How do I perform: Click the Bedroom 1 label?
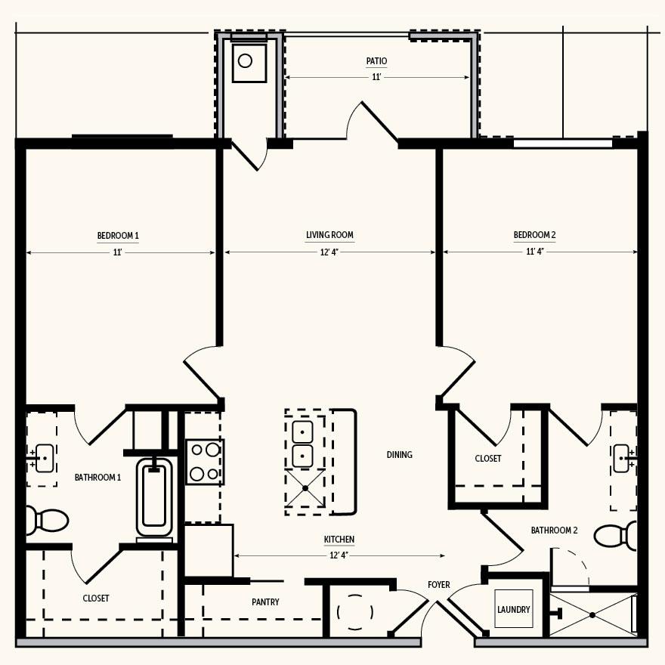(x=118, y=235)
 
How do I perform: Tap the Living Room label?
(x=330, y=234)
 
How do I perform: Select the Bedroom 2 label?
(x=535, y=234)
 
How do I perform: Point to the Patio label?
(x=376, y=61)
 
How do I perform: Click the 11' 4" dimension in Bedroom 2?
(x=535, y=252)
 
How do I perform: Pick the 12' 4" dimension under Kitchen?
(x=339, y=555)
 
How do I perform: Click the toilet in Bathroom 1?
(x=47, y=521)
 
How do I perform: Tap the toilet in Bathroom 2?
(x=615, y=536)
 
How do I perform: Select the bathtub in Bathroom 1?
(x=154, y=497)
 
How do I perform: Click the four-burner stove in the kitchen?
(x=205, y=462)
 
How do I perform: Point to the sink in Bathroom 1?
(x=44, y=458)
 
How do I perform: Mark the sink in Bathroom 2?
(x=622, y=458)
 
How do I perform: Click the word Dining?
(x=400, y=455)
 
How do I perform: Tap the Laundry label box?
(x=514, y=609)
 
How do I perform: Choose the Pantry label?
(x=265, y=602)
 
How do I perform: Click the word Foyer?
(x=439, y=584)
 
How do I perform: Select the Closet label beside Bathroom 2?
(x=488, y=459)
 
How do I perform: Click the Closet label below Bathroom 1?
(x=96, y=598)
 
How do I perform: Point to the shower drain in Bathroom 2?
(x=592, y=614)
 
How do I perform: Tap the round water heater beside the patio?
(x=245, y=60)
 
